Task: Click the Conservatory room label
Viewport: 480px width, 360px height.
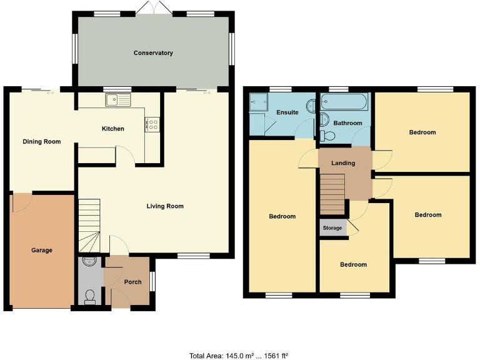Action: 153,53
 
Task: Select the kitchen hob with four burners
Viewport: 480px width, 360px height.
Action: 152,124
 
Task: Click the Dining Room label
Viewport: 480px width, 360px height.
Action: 42,142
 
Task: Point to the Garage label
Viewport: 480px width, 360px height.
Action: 42,250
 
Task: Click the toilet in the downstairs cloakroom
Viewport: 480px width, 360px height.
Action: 89,296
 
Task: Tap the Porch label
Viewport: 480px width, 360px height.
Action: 132,282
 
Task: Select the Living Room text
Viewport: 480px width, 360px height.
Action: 165,206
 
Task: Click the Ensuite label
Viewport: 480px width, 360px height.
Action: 287,112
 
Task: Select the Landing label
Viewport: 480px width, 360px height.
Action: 343,163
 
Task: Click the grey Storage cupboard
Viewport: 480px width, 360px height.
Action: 332,228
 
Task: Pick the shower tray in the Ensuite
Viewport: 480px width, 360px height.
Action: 258,102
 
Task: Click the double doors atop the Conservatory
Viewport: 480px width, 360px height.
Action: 154,8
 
